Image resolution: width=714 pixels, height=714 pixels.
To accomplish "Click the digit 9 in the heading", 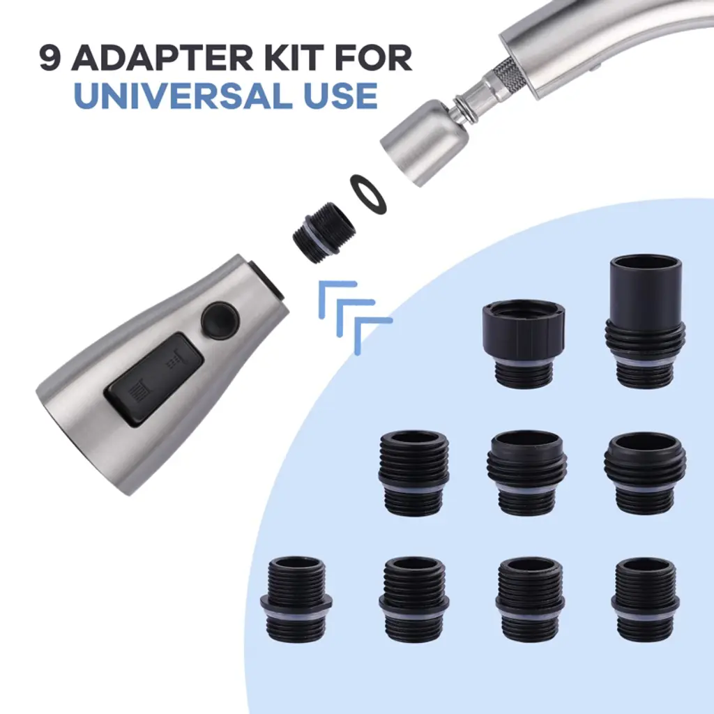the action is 50,59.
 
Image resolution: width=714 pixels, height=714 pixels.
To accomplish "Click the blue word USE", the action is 340,95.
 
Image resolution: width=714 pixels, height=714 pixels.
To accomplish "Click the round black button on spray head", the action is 220,321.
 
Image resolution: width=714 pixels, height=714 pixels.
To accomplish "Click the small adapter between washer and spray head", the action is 323,232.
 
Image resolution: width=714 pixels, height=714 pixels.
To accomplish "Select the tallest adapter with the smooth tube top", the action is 645,321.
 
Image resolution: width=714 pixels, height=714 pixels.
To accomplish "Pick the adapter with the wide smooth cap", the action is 523,343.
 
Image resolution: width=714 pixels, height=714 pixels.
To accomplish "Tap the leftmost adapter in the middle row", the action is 414,473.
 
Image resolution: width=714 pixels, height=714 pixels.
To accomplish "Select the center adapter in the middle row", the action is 527,472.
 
